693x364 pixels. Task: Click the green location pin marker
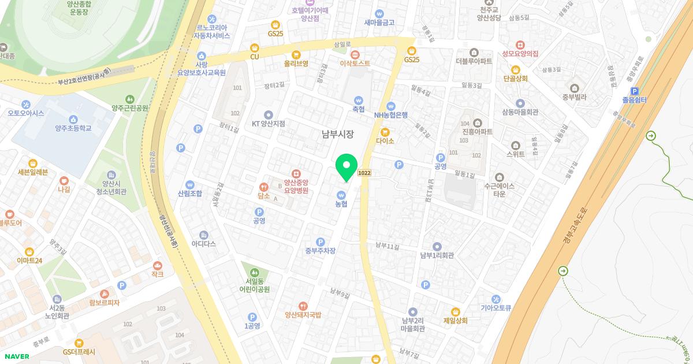coord(346,166)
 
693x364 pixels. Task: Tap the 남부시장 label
coord(337,134)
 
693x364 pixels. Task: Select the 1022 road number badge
coord(364,173)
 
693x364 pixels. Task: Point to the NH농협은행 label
coord(391,115)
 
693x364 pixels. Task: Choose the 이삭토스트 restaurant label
coord(355,63)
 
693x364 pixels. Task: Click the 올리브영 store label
coord(296,63)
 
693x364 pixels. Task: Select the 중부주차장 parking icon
coord(321,242)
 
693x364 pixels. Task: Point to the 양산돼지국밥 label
coord(303,315)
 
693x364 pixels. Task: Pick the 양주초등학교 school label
coord(73,128)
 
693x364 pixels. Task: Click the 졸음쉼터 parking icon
coord(635,91)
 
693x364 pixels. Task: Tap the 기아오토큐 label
coord(495,308)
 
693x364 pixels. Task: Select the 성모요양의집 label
coord(520,53)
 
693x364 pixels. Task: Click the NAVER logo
coord(17,356)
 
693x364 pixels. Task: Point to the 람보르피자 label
coord(104,302)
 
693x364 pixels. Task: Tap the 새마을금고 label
coord(379,23)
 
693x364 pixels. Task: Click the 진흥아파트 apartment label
coord(477,132)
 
